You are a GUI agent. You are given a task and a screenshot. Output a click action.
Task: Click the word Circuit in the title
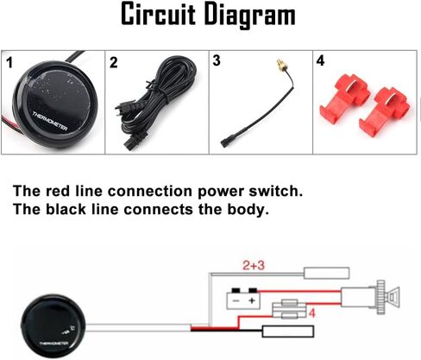pyautogui.click(x=159, y=15)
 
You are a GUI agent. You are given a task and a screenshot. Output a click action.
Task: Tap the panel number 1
pyautogui.click(x=9, y=63)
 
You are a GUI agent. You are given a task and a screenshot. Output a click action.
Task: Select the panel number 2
pyautogui.click(x=114, y=62)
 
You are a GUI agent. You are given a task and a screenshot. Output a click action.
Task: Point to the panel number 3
pyautogui.click(x=217, y=60)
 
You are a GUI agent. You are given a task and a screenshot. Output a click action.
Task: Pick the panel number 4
pyautogui.click(x=320, y=60)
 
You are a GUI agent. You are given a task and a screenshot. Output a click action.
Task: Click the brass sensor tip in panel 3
pyautogui.click(x=280, y=65)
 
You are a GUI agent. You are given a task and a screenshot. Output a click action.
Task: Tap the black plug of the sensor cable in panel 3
pyautogui.click(x=224, y=142)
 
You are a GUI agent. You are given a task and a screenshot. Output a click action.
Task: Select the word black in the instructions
pyautogui.click(x=66, y=209)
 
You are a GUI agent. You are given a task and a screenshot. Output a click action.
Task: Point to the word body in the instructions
pyautogui.click(x=248, y=210)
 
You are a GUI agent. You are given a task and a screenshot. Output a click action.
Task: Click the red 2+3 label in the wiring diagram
pyautogui.click(x=254, y=265)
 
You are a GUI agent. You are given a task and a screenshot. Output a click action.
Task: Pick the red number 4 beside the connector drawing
pyautogui.click(x=312, y=313)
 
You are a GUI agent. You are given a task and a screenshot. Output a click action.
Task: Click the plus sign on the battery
pyautogui.click(x=252, y=300)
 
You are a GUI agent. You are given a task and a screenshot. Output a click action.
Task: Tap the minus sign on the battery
pyautogui.click(x=236, y=301)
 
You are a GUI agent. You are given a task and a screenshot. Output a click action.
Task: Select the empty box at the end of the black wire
pyautogui.click(x=288, y=332)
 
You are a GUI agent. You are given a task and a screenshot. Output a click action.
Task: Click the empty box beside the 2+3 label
pyautogui.click(x=327, y=273)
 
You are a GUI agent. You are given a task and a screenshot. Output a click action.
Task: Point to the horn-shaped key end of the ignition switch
pyautogui.click(x=393, y=297)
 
